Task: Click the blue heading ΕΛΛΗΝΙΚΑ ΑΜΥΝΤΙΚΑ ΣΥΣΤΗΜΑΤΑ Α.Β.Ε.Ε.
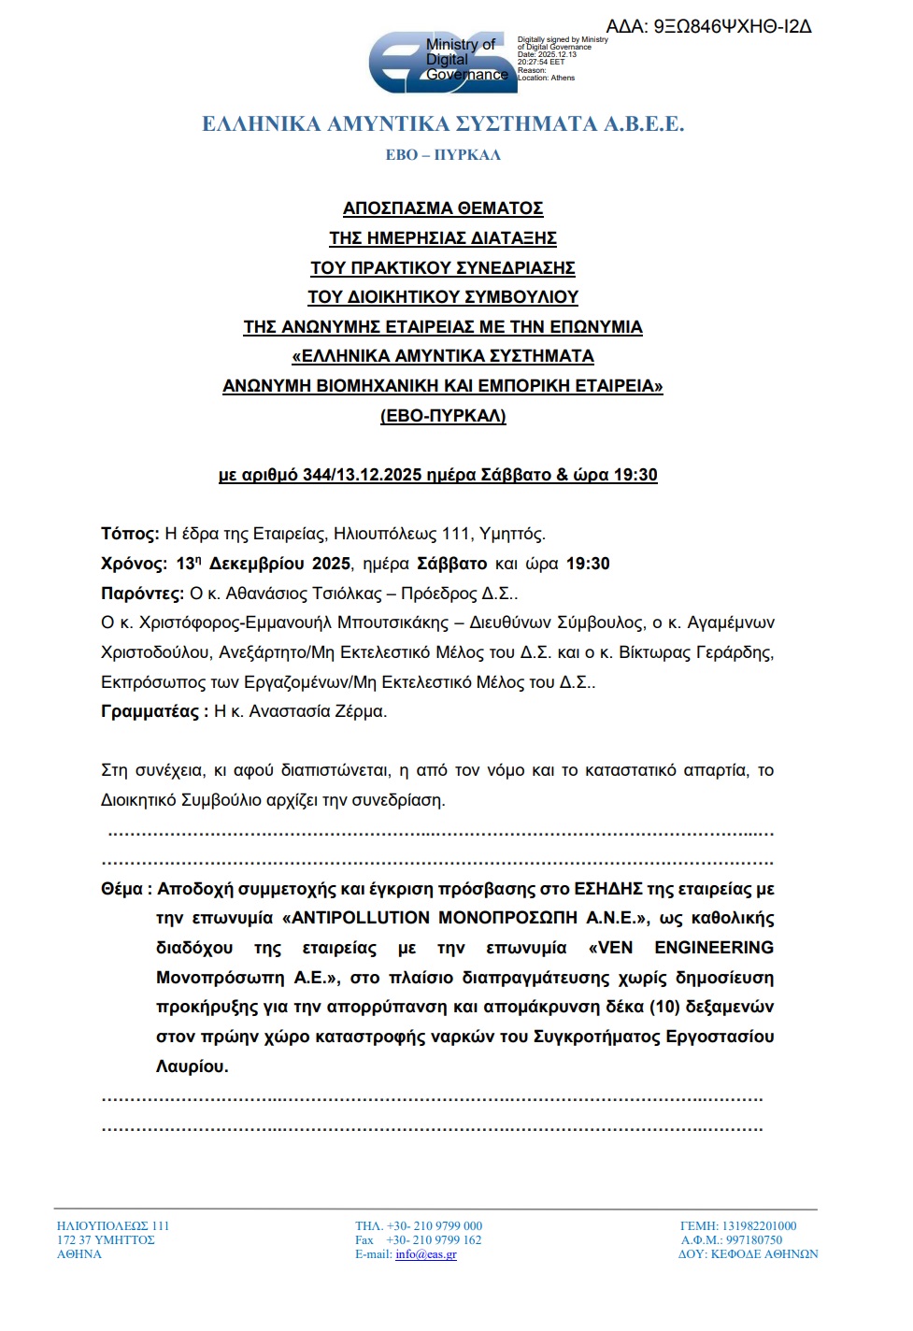[x=443, y=124]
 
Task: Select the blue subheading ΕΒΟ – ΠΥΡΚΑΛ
[x=443, y=155]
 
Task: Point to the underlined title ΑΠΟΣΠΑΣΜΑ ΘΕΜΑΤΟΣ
[x=443, y=208]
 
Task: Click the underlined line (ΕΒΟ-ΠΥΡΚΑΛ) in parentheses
[x=443, y=416]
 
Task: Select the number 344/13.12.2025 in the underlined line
[x=363, y=475]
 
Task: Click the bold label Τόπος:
[x=130, y=535]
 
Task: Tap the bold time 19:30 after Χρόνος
[x=588, y=564]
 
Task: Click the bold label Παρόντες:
[x=142, y=594]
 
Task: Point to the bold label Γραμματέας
[x=150, y=711]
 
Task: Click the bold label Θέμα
[x=122, y=889]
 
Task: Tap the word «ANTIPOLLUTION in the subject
[x=356, y=918]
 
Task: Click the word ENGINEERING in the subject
[x=714, y=948]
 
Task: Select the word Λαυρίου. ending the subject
[x=193, y=1066]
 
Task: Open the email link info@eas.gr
[x=426, y=1254]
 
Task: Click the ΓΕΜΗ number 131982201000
[x=759, y=1226]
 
